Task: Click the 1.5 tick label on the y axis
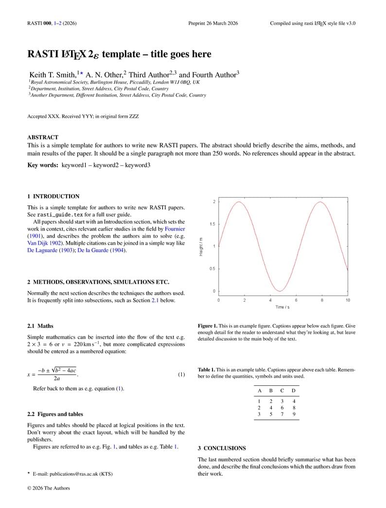pos(212,224)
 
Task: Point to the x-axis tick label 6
pos(296,300)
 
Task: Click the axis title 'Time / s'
pos(283,307)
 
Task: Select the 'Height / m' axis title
pos(201,246)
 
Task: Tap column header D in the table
pos(293,391)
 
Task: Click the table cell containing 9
pos(294,414)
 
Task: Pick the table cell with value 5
pos(271,414)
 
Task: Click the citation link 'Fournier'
pos(175,229)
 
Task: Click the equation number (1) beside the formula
pos(181,375)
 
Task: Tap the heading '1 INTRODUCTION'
pos(53,197)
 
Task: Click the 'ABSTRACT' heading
pos(43,138)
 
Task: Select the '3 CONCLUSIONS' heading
pos(222,448)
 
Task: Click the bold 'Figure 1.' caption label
pos(208,326)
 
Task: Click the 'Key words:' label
pos(43,165)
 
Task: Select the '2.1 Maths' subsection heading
pos(40,326)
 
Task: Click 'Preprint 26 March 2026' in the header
pos(213,23)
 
